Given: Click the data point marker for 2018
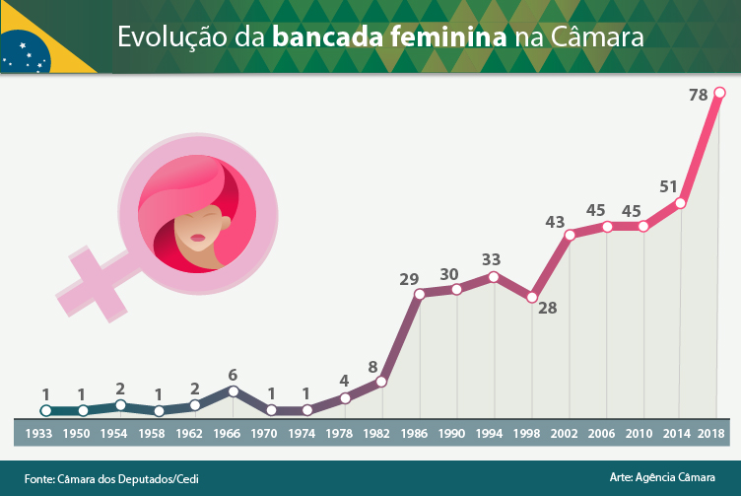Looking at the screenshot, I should [719, 93].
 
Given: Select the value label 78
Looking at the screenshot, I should [698, 96].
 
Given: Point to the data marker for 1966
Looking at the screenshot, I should [233, 390].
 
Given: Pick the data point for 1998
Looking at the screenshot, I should [532, 297].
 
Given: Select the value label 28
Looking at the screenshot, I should [547, 308].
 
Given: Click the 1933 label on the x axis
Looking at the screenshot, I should [39, 433].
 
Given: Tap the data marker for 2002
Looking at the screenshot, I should [570, 235].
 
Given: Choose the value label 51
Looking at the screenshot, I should [668, 186].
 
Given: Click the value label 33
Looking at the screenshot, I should [491, 259].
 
